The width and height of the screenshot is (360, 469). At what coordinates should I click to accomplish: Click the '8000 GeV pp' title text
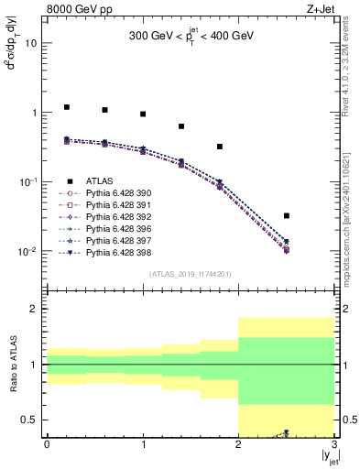click(79, 8)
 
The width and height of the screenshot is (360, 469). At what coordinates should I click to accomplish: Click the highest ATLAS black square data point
click(66, 107)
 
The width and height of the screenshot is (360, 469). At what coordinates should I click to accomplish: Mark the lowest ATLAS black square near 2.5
click(287, 216)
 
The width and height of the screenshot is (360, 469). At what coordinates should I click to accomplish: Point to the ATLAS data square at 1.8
click(220, 147)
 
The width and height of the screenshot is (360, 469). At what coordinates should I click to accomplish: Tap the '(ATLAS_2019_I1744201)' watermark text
click(190, 273)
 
